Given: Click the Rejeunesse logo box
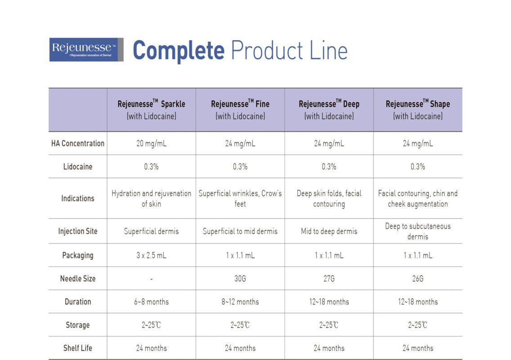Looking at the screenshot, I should (86, 49).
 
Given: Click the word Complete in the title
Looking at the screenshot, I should (179, 50).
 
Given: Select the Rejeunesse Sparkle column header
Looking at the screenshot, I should (151, 109).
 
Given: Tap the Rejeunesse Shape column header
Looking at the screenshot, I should (417, 109).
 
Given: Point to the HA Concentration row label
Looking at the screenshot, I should (78, 144).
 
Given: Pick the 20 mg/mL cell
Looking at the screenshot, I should (151, 144).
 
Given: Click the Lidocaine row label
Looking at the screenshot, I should (78, 166).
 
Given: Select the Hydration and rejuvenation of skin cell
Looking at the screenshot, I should (151, 198).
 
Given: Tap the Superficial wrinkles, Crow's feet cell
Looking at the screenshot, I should (240, 198).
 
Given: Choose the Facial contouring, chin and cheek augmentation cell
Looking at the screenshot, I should (417, 198).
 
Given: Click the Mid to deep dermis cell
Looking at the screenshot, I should (329, 231).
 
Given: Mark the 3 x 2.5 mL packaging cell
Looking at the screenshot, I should (151, 255).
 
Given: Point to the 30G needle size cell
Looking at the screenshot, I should (240, 279).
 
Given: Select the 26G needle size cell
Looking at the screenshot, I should (417, 279).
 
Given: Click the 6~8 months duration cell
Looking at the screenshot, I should (151, 301).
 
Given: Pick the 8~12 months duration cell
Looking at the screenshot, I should (240, 301).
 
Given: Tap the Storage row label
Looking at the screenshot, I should (78, 325).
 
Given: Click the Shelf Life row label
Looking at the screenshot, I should (78, 348).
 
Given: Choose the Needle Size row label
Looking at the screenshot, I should (78, 279).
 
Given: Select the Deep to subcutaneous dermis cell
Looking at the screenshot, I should (417, 231).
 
